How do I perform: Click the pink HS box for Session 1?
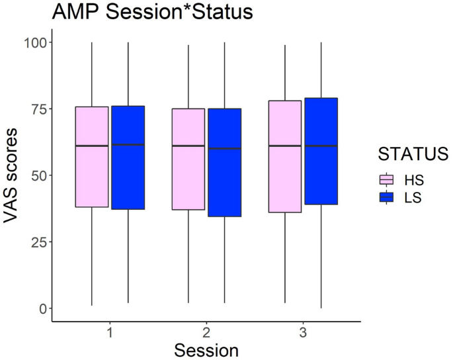tap(91, 157)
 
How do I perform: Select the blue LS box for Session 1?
tap(128, 157)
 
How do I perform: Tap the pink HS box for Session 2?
tap(188, 159)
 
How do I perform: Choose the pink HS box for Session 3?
tap(285, 156)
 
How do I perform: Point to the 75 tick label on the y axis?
tap(38, 109)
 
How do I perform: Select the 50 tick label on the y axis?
tap(38, 175)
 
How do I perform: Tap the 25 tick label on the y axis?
tap(38, 242)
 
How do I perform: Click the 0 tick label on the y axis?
tap(42, 308)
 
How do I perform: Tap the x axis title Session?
tap(206, 349)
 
